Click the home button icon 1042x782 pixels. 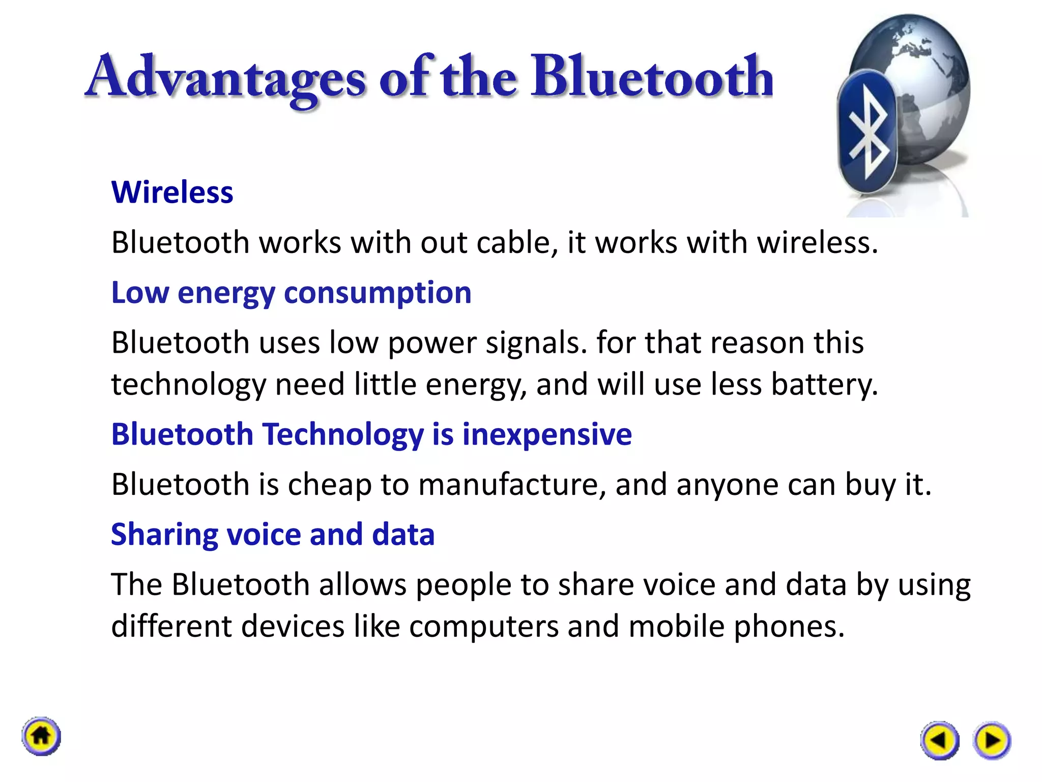(41, 736)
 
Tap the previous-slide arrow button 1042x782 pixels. (939, 740)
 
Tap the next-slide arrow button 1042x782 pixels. (992, 740)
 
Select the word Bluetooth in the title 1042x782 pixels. (651, 77)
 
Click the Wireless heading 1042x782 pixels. (172, 192)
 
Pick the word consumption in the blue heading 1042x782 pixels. (378, 293)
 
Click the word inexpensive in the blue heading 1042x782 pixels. (547, 435)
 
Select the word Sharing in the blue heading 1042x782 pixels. (164, 535)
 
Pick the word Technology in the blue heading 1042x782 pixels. (343, 435)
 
